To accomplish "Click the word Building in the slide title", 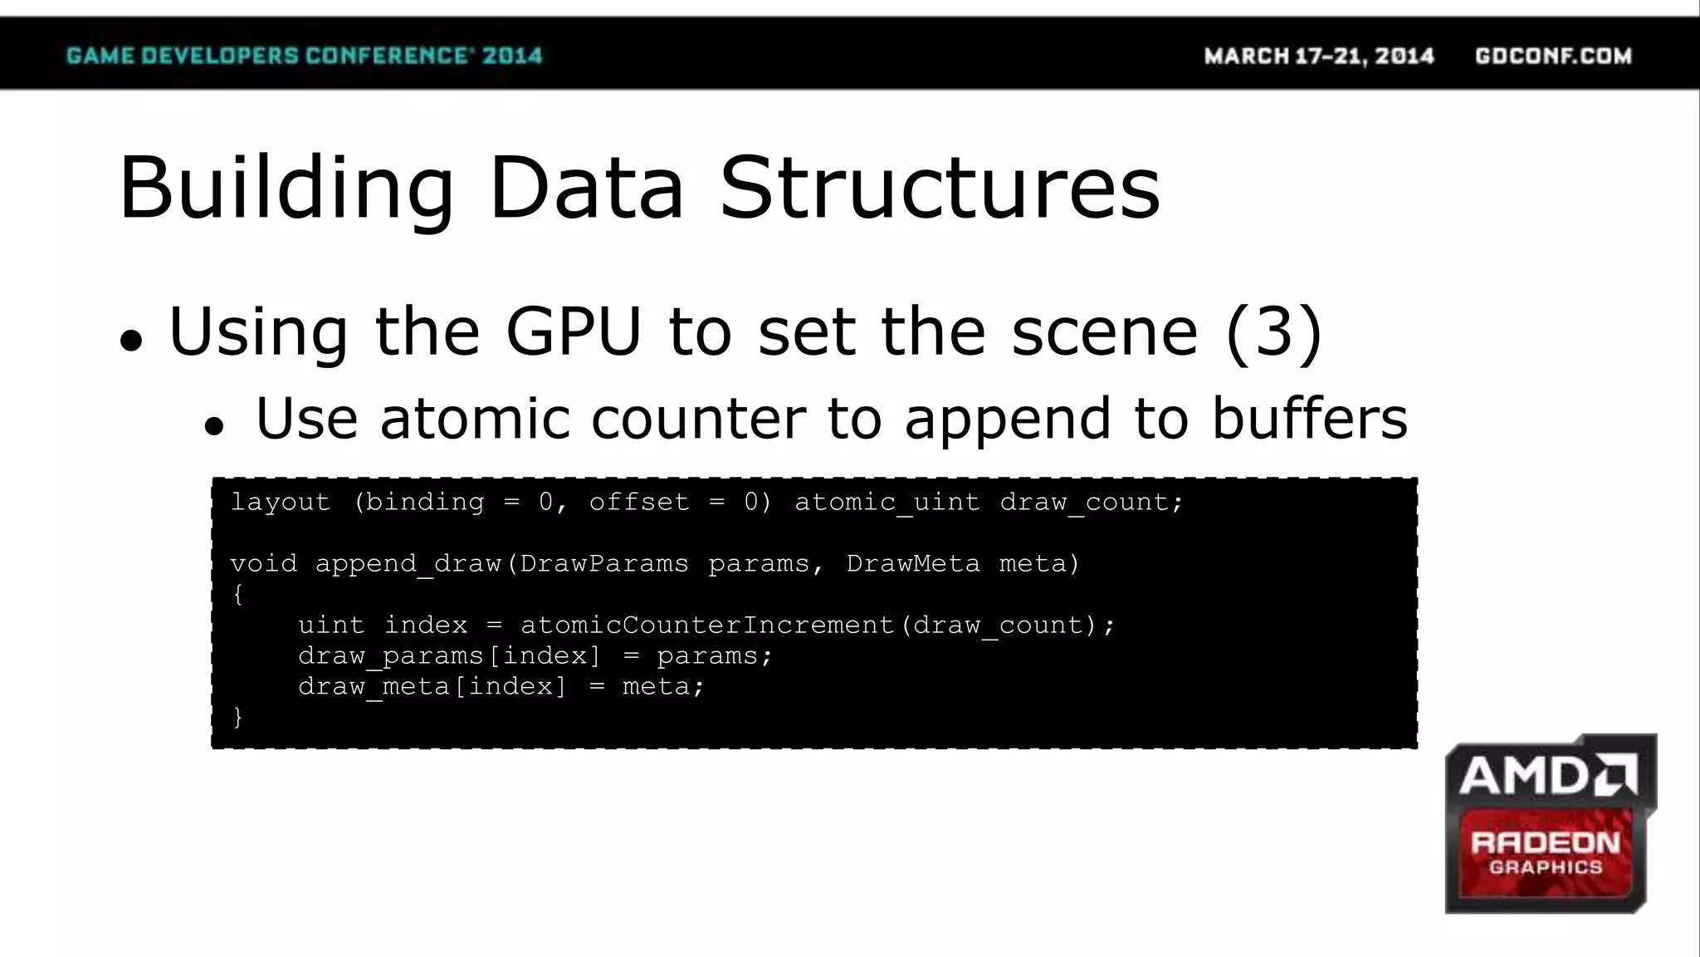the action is pos(286,189).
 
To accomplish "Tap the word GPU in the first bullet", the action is pos(574,331).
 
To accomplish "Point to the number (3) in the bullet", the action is pos(1273,331).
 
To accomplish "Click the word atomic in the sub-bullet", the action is pos(474,417).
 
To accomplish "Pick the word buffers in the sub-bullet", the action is pos(1309,417).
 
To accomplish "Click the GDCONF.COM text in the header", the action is pos(1553,56).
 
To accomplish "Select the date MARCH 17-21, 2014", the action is pos(1319,56).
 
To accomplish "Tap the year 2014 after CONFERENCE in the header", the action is pos(512,56).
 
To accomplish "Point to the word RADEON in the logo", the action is pos(1546,843).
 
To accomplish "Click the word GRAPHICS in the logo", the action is pos(1546,867).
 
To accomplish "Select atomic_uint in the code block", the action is pos(887,502).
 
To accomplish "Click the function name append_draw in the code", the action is pos(408,563).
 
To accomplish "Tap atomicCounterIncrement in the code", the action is pos(706,625).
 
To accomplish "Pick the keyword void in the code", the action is pos(263,563).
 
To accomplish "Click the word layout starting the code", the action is pos(280,502).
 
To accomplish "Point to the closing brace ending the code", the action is pos(238,716).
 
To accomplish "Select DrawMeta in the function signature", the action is pos(912,563).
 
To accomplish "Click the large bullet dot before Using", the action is pos(131,340).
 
